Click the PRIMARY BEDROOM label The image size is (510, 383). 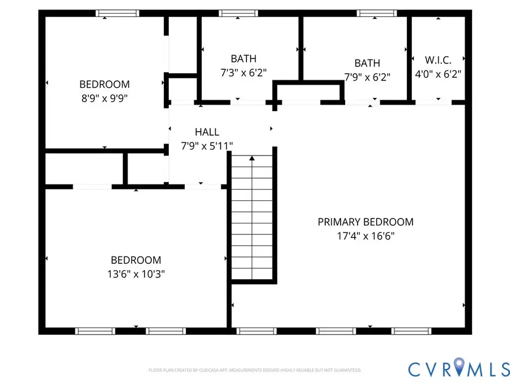point(365,222)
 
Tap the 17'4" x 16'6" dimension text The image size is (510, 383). point(365,235)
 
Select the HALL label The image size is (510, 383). point(207,132)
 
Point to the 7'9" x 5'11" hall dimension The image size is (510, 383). point(207,146)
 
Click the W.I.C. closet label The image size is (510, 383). point(438,60)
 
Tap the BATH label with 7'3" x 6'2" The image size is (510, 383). point(243,58)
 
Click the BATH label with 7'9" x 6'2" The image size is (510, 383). point(367,63)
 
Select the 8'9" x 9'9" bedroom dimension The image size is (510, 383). point(104,98)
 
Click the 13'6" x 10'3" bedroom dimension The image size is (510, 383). point(135,273)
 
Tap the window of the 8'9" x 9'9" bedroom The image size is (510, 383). point(117,13)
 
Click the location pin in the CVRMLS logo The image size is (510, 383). point(460,368)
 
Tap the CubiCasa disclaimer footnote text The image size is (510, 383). point(255,370)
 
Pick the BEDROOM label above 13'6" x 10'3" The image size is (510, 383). point(135,260)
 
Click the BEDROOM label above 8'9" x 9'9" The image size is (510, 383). point(104,84)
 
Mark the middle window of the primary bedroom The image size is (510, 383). point(332,331)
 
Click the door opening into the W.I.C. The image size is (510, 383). point(433,102)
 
